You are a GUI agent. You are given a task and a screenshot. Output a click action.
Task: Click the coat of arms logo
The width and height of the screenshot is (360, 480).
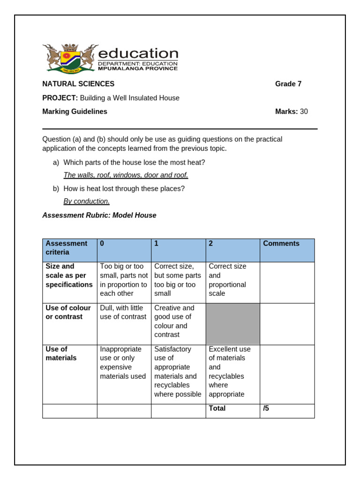click(x=70, y=59)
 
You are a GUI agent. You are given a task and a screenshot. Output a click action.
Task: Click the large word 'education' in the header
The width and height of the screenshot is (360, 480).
click(x=138, y=53)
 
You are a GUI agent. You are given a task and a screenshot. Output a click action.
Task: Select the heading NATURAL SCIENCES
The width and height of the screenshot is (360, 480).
click(x=78, y=84)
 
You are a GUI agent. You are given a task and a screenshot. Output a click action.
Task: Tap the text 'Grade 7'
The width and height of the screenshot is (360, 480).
click(x=288, y=84)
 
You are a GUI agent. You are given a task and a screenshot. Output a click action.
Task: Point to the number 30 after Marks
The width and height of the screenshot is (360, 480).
click(x=304, y=112)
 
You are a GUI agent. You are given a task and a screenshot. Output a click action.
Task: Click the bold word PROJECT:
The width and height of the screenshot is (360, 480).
click(x=60, y=98)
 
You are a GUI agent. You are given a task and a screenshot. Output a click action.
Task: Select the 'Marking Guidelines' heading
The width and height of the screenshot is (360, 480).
click(x=75, y=112)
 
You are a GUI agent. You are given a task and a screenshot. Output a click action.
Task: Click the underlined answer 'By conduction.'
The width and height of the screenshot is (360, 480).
click(x=86, y=201)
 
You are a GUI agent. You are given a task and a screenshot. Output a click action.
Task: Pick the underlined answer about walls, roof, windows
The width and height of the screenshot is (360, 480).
click(x=126, y=175)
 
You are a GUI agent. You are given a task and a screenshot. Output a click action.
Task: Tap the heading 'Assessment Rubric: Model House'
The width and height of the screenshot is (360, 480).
click(x=99, y=215)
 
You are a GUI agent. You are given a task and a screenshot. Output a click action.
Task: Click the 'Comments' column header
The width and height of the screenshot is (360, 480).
click(x=281, y=243)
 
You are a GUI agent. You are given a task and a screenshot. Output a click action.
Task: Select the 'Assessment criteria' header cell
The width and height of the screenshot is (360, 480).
click(x=66, y=248)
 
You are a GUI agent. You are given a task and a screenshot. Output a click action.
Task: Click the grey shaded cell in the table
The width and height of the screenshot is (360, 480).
click(x=232, y=323)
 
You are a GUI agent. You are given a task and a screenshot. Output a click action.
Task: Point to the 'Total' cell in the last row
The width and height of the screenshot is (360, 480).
click(x=217, y=408)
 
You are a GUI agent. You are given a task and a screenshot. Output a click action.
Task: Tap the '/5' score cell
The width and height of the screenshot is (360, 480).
click(x=266, y=408)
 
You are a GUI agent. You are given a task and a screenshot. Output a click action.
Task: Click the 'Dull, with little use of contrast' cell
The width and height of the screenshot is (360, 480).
click(x=123, y=312)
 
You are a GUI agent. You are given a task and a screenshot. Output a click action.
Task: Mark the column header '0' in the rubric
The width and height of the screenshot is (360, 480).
click(x=102, y=243)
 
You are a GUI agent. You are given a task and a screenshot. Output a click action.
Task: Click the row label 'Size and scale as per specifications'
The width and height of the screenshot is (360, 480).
click(x=69, y=275)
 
